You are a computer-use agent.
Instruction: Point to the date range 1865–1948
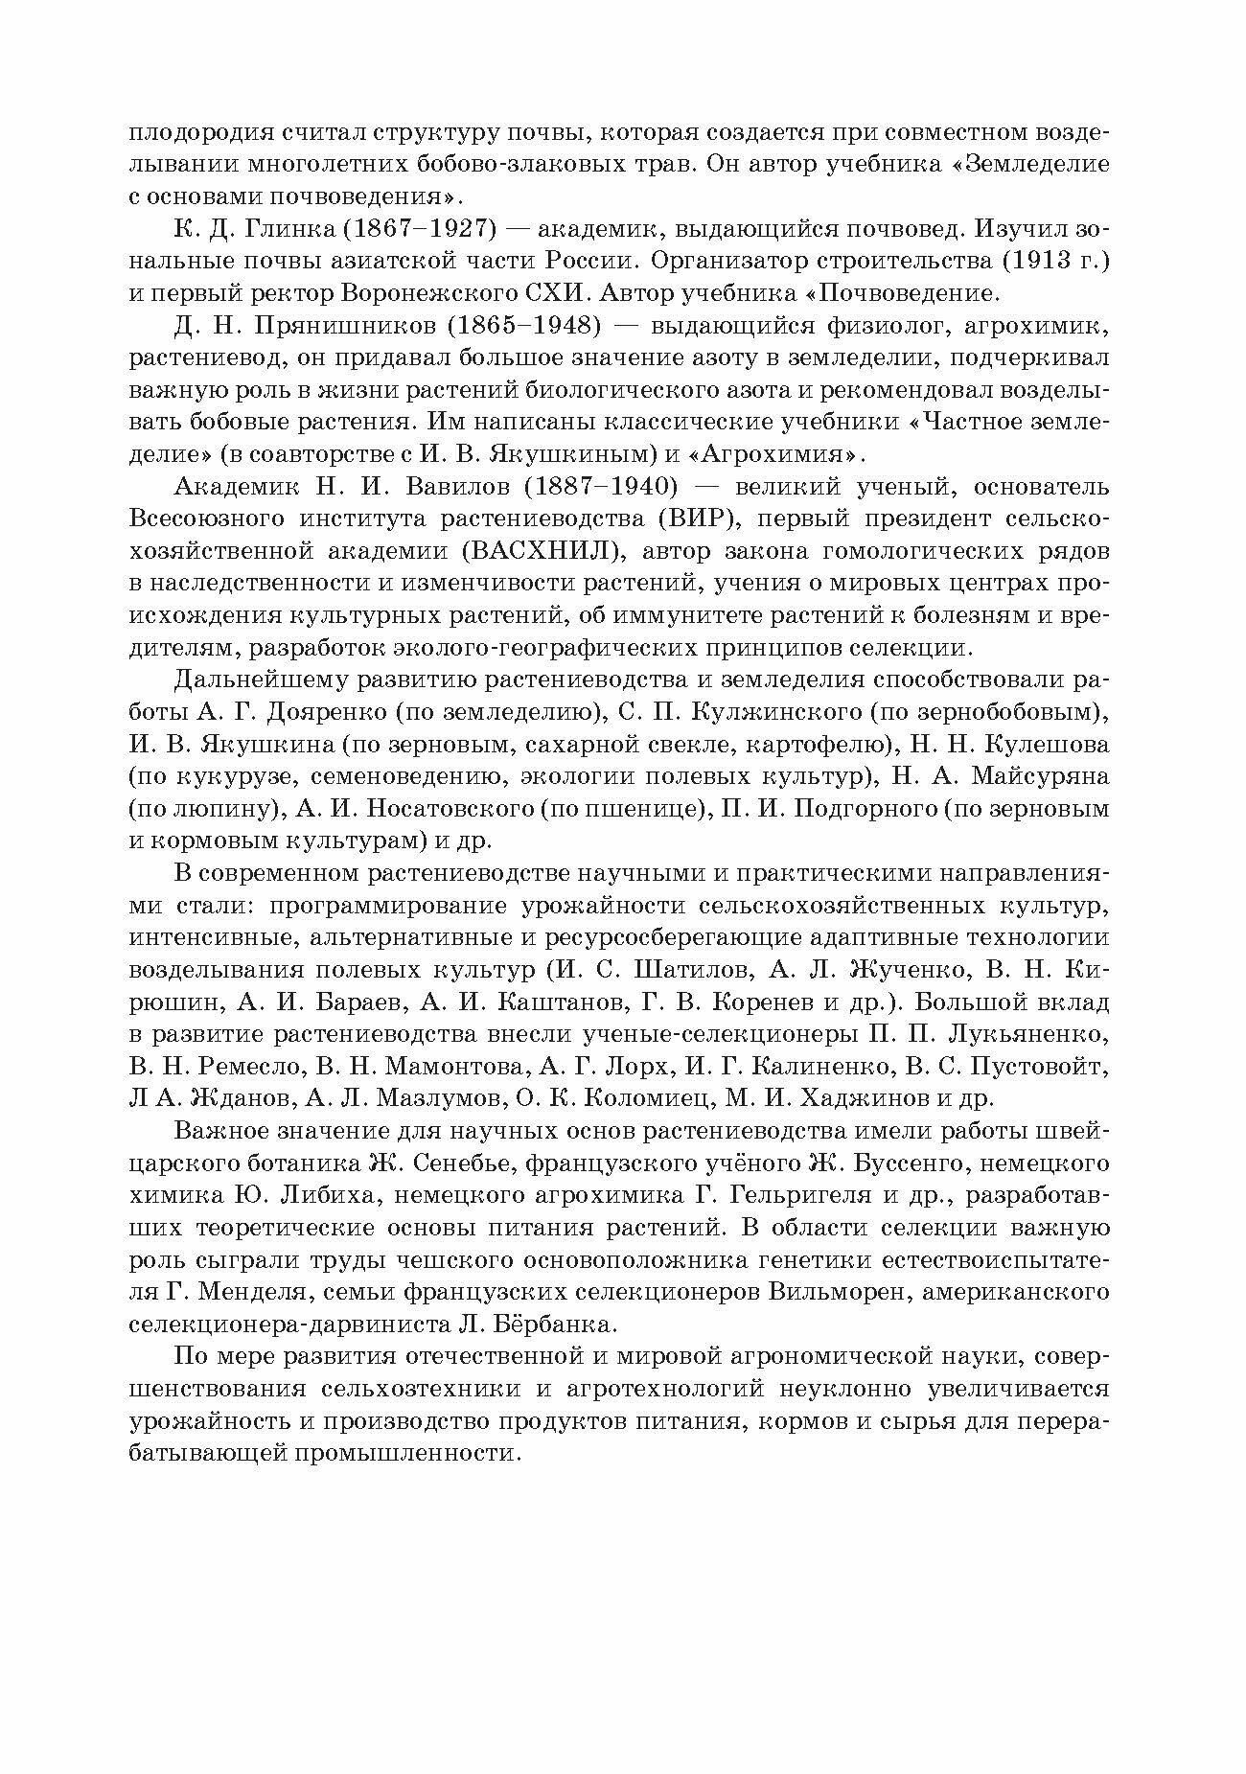[521, 327]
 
